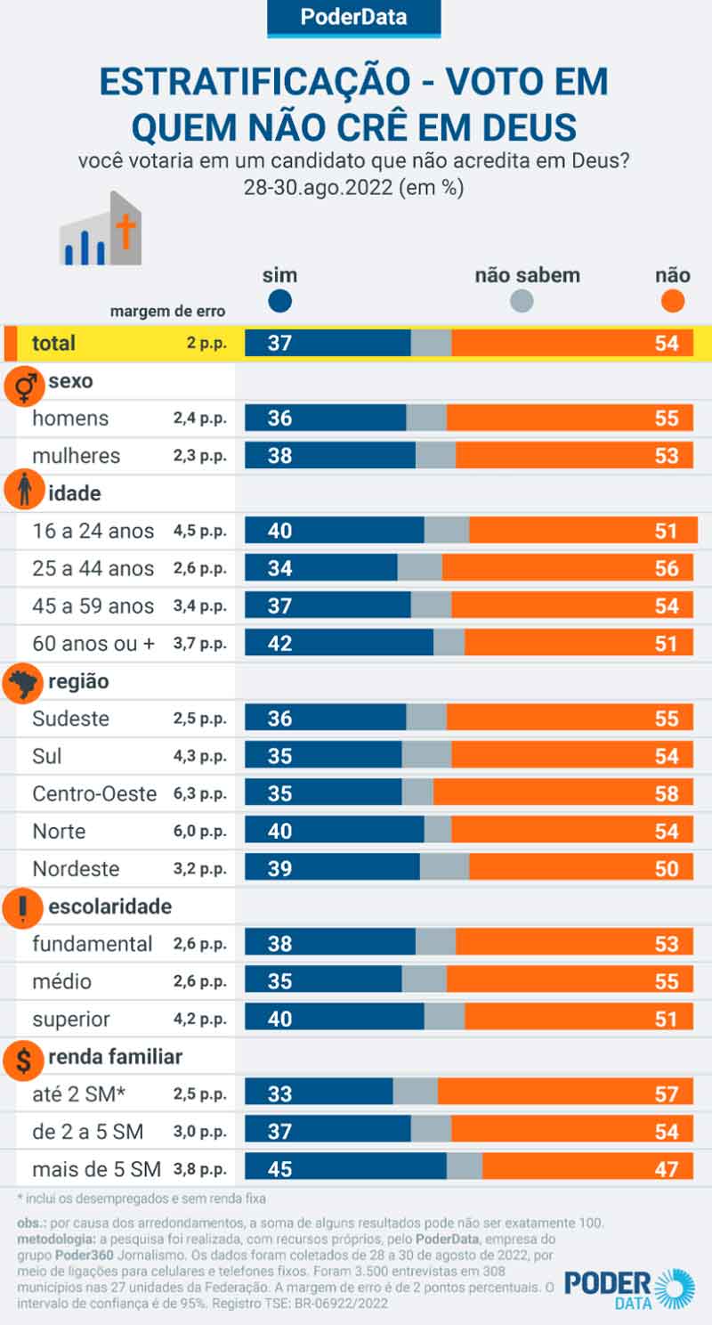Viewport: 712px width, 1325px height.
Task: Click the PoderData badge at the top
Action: pyautogui.click(x=354, y=18)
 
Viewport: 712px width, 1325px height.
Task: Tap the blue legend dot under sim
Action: pyautogui.click(x=279, y=302)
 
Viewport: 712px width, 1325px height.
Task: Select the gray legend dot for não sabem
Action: pyautogui.click(x=522, y=302)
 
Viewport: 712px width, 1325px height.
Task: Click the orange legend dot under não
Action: pyautogui.click(x=674, y=302)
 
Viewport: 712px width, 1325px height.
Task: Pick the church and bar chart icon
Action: pyautogui.click(x=101, y=230)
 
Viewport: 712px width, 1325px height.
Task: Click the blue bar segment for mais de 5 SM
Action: pyautogui.click(x=345, y=1168)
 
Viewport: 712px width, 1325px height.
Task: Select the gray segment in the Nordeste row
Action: pyautogui.click(x=444, y=868)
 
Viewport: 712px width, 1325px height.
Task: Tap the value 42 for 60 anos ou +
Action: pyautogui.click(x=279, y=644)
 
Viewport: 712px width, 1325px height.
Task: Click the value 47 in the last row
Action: pyautogui.click(x=667, y=1169)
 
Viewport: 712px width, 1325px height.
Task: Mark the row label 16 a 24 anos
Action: pyautogui.click(x=93, y=532)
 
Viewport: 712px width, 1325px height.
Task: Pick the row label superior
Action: pyautogui.click(x=71, y=1020)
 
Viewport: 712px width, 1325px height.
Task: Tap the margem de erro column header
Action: pyautogui.click(x=167, y=312)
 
